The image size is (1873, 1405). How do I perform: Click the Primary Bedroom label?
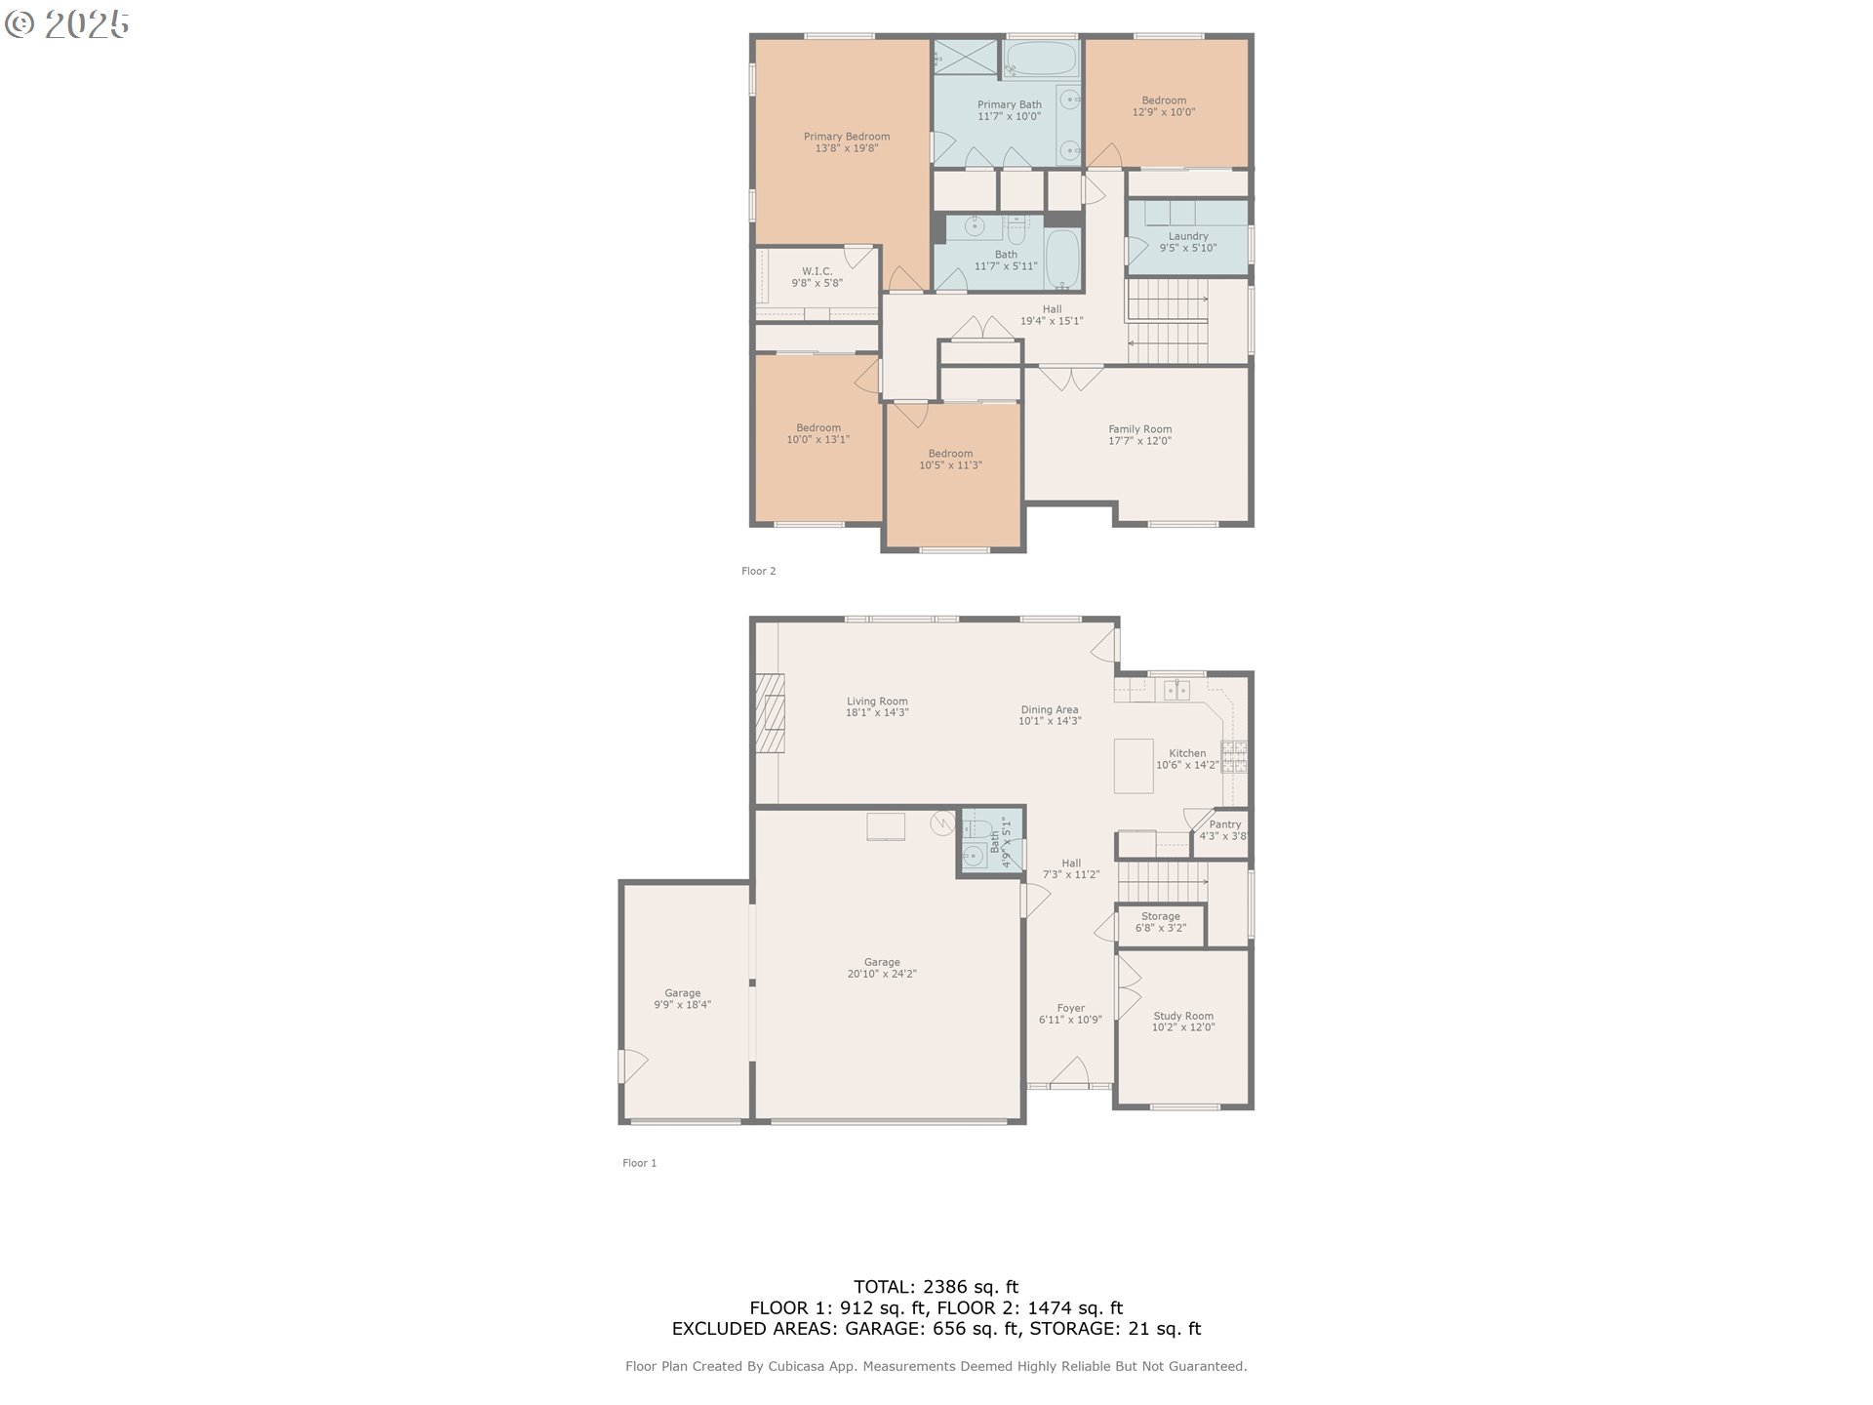[x=847, y=137]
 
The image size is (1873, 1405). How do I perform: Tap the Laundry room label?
[x=1188, y=236]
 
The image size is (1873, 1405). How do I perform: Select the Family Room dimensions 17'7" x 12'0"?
[x=1139, y=441]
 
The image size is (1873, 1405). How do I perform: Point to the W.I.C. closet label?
[x=817, y=271]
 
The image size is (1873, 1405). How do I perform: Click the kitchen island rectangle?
[x=1134, y=766]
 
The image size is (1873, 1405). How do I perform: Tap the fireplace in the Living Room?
[x=770, y=714]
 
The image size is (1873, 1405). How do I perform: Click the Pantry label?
[x=1225, y=824]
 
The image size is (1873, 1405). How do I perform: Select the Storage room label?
[x=1161, y=916]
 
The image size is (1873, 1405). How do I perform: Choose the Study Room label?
[x=1183, y=1016]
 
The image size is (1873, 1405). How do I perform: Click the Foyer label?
[x=1070, y=1008]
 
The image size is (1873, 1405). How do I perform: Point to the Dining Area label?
[x=1050, y=709]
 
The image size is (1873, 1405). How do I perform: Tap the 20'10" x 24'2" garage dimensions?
[x=882, y=974]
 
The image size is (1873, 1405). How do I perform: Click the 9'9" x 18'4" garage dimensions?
[x=683, y=1005]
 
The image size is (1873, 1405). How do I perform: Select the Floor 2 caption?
[x=758, y=571]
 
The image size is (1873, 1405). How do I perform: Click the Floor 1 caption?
[x=640, y=1163]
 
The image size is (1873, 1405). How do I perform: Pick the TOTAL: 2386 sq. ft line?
[x=936, y=1287]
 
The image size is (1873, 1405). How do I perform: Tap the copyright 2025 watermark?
[x=66, y=24]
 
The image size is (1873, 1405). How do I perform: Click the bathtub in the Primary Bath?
[x=1040, y=59]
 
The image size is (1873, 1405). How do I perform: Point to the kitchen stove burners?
[x=1234, y=757]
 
